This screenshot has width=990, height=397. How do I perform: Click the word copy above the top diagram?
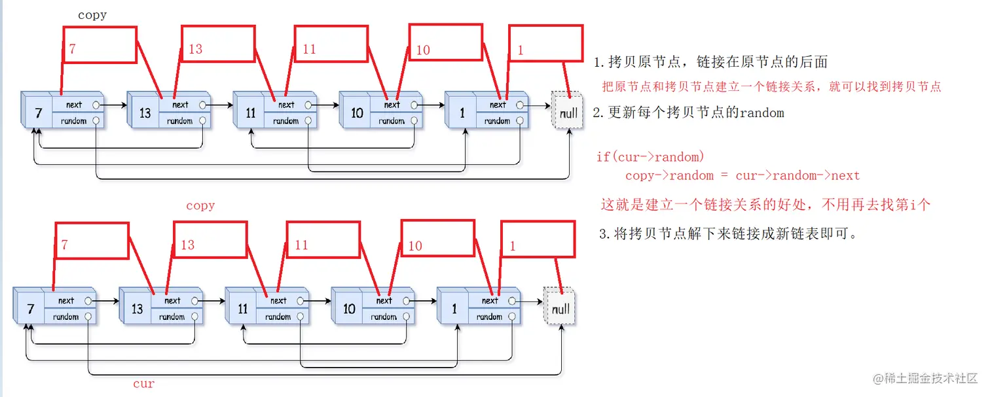[x=92, y=15]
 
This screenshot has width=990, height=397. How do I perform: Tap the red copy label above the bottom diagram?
[x=200, y=205]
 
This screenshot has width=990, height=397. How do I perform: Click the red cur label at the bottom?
[x=143, y=384]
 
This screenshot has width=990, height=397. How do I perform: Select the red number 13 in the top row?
[x=195, y=49]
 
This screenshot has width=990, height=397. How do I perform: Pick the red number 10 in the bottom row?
[x=415, y=246]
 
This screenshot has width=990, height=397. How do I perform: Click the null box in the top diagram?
[x=568, y=112]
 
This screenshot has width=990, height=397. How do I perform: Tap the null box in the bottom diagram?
[x=560, y=308]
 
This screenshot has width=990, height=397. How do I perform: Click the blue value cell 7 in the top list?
[x=38, y=113]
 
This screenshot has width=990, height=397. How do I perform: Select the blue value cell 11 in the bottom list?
[x=242, y=309]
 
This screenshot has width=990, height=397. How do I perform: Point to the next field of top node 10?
[x=392, y=105]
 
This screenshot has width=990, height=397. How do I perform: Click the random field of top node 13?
[x=180, y=121]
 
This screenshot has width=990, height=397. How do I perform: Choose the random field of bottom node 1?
[x=490, y=317]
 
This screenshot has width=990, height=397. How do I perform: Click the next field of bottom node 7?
[x=66, y=301]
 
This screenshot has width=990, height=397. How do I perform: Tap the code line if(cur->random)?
[x=650, y=157]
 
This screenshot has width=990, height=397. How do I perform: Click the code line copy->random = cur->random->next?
[x=742, y=175]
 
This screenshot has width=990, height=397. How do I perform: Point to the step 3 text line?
[x=727, y=233]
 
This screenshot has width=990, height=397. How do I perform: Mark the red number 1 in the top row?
[x=520, y=50]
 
